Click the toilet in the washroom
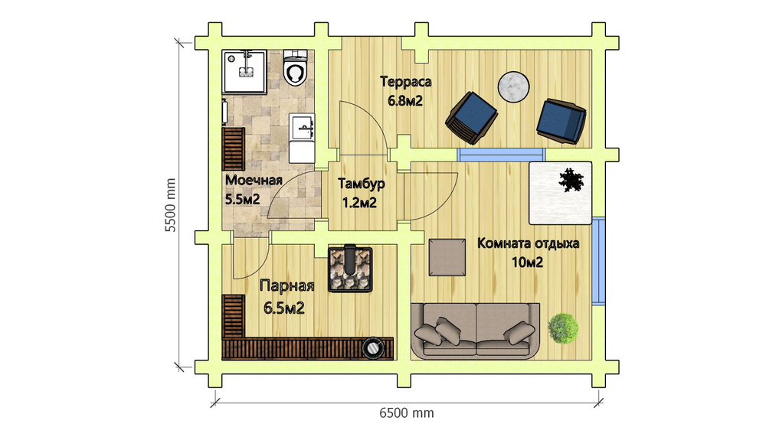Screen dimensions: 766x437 pos(296,68)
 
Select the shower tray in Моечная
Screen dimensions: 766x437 pos(244,71)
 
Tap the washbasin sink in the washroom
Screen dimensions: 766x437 pos(302,127)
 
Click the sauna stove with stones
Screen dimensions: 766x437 pos(350,269)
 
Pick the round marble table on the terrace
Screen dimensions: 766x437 pos(513,87)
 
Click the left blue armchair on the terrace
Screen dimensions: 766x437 pos(471,118)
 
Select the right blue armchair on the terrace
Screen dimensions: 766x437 pos(561,122)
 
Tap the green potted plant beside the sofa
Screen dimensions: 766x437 pos(563,328)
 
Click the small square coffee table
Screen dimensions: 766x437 pos(447,257)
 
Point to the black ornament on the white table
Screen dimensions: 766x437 pos(571,180)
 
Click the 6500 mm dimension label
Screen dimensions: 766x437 pos(407,413)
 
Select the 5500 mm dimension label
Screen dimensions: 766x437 pos(169,204)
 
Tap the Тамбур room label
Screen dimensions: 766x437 pos(362,184)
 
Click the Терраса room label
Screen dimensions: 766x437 pos(406,82)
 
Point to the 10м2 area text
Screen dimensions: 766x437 pos(527,263)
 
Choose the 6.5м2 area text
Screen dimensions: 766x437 pos(284,308)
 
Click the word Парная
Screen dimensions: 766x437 pos(286,285)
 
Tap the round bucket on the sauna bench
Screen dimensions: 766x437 pos(373,347)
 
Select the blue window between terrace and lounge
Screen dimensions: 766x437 pos(501,155)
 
